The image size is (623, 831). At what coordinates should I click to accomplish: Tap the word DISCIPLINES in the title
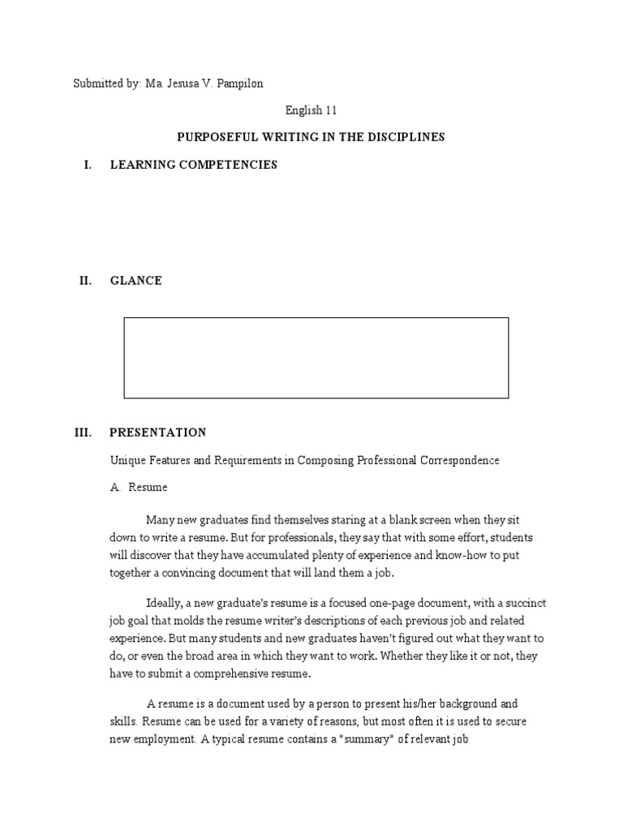tap(409, 137)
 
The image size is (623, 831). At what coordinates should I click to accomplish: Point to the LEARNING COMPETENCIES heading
tap(194, 165)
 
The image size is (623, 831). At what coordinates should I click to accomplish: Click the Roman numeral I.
tap(87, 165)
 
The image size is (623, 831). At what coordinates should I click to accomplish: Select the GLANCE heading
tap(136, 281)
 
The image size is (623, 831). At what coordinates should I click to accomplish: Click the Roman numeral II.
tap(85, 281)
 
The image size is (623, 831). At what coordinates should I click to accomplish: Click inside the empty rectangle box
tap(316, 358)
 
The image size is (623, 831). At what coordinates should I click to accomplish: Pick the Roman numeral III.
tap(84, 433)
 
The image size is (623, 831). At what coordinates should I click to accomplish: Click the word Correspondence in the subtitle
tap(459, 460)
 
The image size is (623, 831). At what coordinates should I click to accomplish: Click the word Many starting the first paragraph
tap(161, 520)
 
